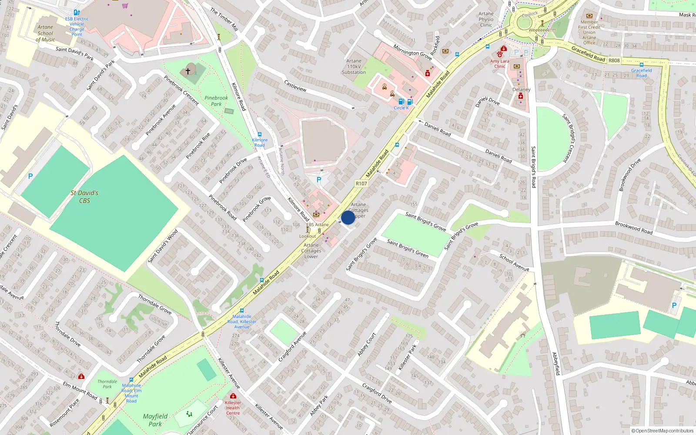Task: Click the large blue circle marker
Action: click(x=348, y=217)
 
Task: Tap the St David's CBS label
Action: click(x=84, y=197)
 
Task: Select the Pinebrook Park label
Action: click(x=216, y=101)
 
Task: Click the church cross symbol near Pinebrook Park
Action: click(x=188, y=70)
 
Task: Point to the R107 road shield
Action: click(x=361, y=184)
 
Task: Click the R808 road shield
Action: click(x=614, y=60)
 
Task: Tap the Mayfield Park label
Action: click(x=155, y=420)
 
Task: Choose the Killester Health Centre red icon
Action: click(x=233, y=396)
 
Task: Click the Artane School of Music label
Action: click(x=45, y=33)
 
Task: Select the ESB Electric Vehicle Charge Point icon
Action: click(x=77, y=13)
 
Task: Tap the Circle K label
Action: click(x=401, y=108)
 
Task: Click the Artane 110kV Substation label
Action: click(x=354, y=67)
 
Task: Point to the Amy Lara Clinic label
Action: click(x=499, y=64)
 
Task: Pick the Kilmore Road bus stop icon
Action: click(x=260, y=135)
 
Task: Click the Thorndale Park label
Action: click(x=107, y=384)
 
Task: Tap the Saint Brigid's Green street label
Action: click(x=408, y=248)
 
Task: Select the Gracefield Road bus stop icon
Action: click(x=641, y=65)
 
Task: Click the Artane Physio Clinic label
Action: click(x=486, y=19)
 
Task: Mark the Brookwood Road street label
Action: click(x=633, y=228)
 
